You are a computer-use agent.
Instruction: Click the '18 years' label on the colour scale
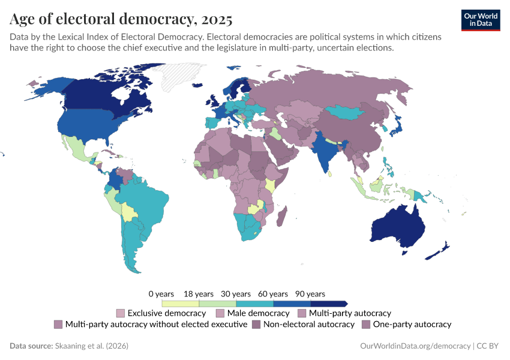[x=199, y=294]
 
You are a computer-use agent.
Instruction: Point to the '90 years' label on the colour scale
[x=310, y=294]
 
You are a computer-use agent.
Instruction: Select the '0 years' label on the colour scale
[x=161, y=294]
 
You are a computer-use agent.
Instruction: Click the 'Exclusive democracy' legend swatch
[x=121, y=313]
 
